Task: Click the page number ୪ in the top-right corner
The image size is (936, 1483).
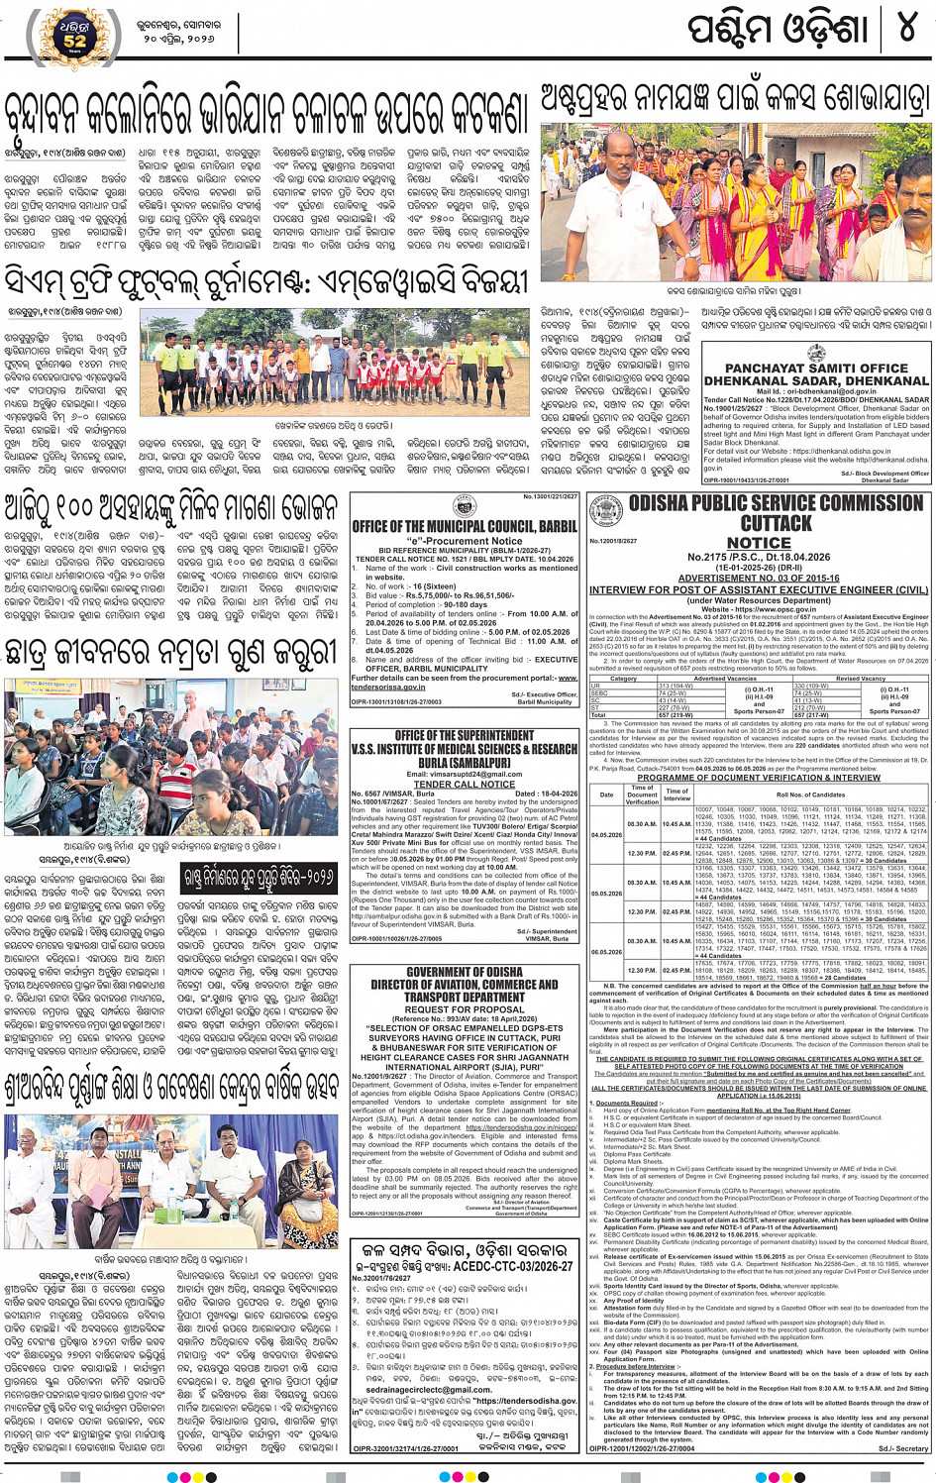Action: (906, 28)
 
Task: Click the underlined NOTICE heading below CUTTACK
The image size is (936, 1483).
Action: (759, 543)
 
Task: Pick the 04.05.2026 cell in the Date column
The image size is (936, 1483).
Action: (606, 835)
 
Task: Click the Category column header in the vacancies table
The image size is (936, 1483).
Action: (623, 679)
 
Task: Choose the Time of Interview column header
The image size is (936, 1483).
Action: (676, 794)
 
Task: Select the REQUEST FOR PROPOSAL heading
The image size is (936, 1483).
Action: (464, 1008)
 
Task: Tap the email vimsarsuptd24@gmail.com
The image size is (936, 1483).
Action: (464, 774)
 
